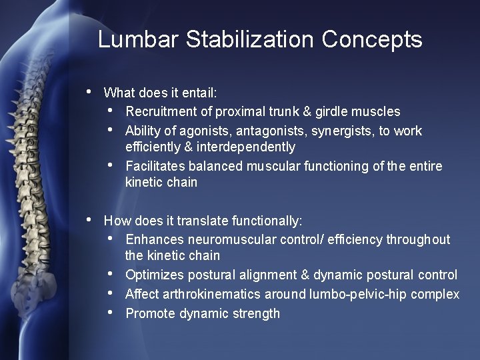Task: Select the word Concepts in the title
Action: pyautogui.click(x=372, y=39)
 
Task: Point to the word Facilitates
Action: pyautogui.click(x=155, y=166)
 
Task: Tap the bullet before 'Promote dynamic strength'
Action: pyautogui.click(x=110, y=312)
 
